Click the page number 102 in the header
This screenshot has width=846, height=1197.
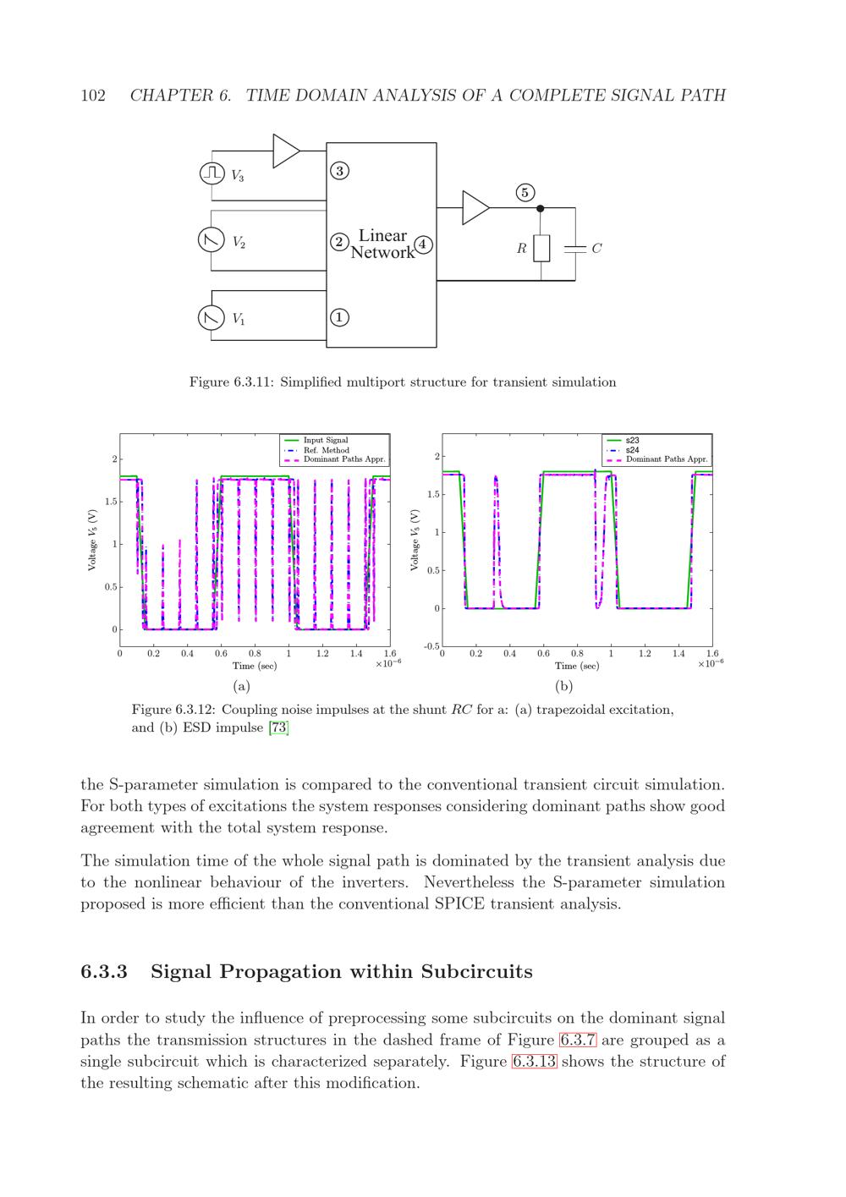93,96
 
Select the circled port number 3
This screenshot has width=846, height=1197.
338,171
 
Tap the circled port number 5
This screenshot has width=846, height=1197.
525,193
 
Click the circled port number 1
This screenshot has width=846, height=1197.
338,317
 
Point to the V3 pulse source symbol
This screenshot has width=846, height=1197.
211,173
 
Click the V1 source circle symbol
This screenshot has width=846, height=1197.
210,318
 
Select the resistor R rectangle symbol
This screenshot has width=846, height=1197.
541,249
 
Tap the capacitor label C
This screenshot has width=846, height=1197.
596,249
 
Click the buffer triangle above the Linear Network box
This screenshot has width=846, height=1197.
286,151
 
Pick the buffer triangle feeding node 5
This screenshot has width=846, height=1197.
475,208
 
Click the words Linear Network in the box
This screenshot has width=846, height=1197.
382,244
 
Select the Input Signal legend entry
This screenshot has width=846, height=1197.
326,441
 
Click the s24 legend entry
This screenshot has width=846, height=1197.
633,450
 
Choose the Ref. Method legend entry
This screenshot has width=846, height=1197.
326,450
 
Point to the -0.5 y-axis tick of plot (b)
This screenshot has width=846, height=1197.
431,647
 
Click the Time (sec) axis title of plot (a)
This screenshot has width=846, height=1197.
255,666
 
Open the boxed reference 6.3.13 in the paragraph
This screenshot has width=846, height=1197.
534,1062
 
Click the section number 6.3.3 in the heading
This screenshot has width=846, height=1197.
104,972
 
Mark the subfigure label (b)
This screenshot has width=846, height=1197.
563,686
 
